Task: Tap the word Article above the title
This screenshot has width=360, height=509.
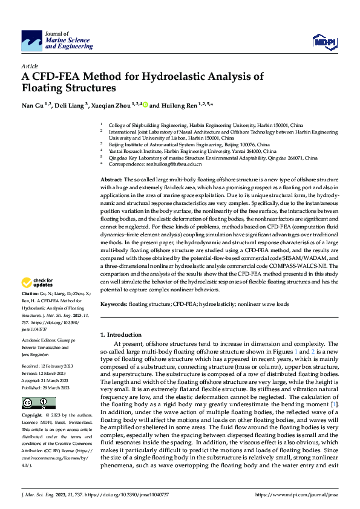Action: tap(29, 65)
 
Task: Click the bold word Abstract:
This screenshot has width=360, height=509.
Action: tap(111, 180)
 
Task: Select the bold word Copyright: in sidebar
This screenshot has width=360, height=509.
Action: tap(33, 416)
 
